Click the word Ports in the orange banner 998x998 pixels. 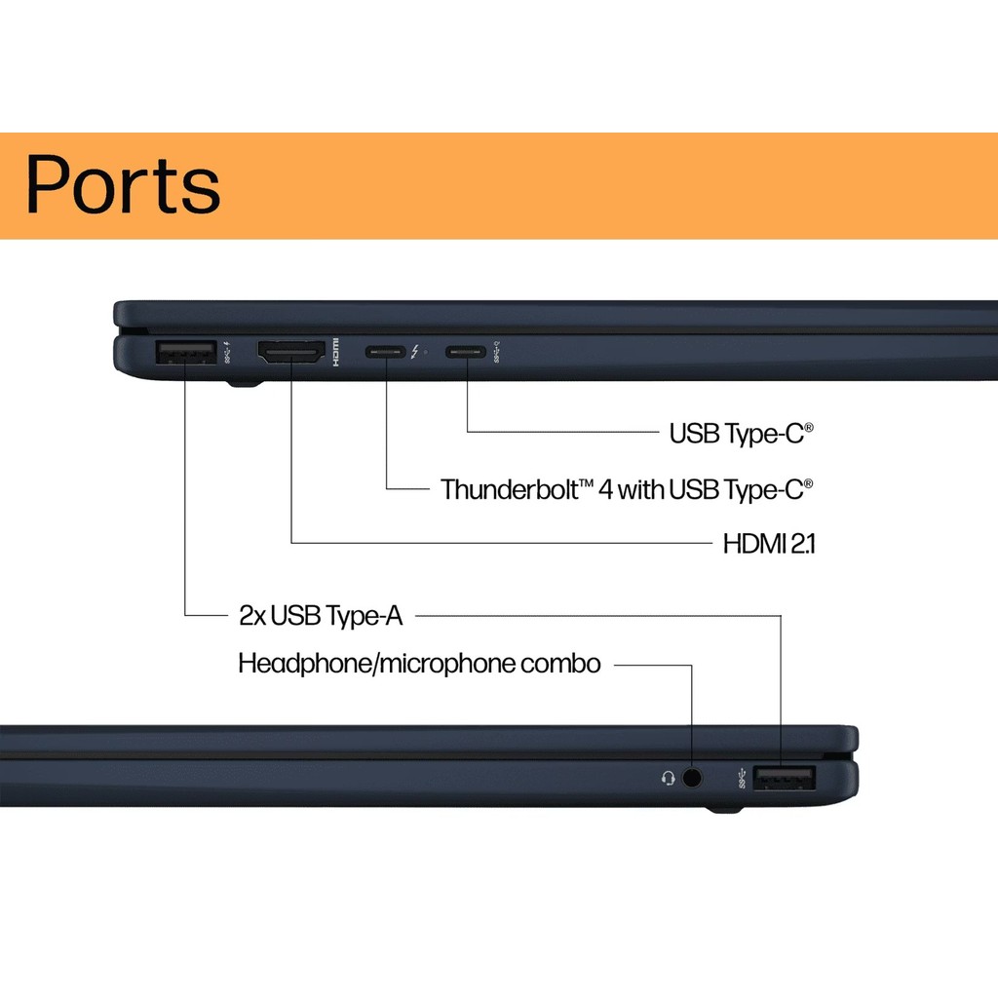123,184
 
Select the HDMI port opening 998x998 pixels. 290,352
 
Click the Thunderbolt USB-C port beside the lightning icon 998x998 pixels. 386,351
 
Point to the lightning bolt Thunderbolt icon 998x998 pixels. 416,351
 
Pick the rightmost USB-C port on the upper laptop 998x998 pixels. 466,351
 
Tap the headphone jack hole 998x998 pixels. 693,778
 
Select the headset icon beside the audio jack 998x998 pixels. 668,778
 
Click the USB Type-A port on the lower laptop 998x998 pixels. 785,778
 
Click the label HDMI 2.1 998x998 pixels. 769,544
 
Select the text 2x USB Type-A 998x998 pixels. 321,615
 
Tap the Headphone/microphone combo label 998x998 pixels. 419,665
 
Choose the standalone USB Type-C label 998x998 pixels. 741,433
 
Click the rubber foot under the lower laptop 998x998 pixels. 723,809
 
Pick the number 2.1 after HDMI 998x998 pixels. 802,544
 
